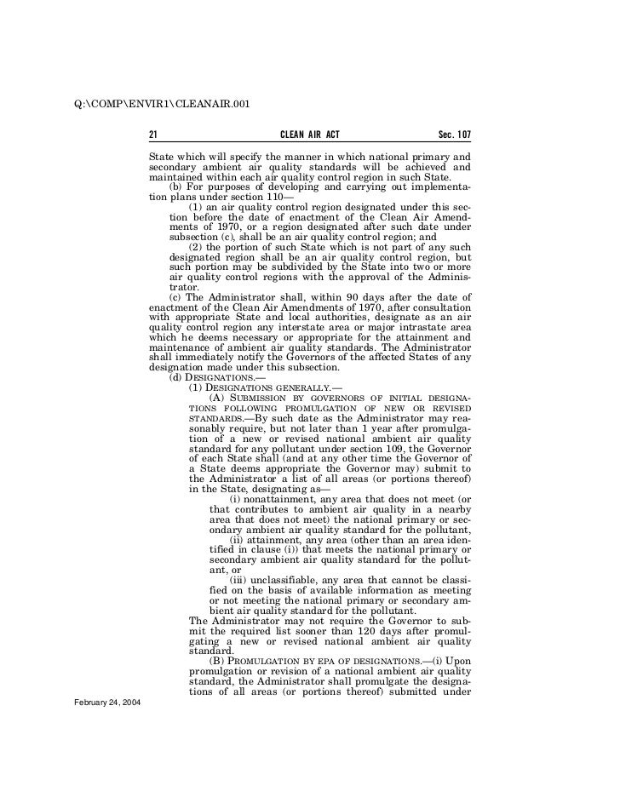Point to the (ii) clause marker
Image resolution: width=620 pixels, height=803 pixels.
pos(239,540)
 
